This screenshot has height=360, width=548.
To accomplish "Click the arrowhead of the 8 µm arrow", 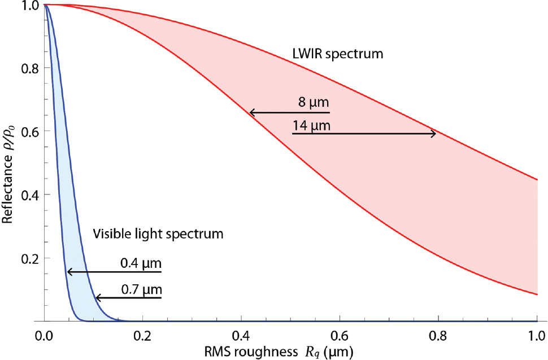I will [x=251, y=113].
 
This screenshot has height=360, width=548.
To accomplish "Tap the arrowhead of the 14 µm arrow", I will [x=434, y=133].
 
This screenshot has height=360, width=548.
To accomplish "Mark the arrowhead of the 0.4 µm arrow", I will [x=69, y=272].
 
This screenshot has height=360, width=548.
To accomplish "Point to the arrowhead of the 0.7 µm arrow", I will [x=97, y=297].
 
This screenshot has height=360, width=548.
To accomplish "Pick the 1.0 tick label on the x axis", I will [x=536, y=335].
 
